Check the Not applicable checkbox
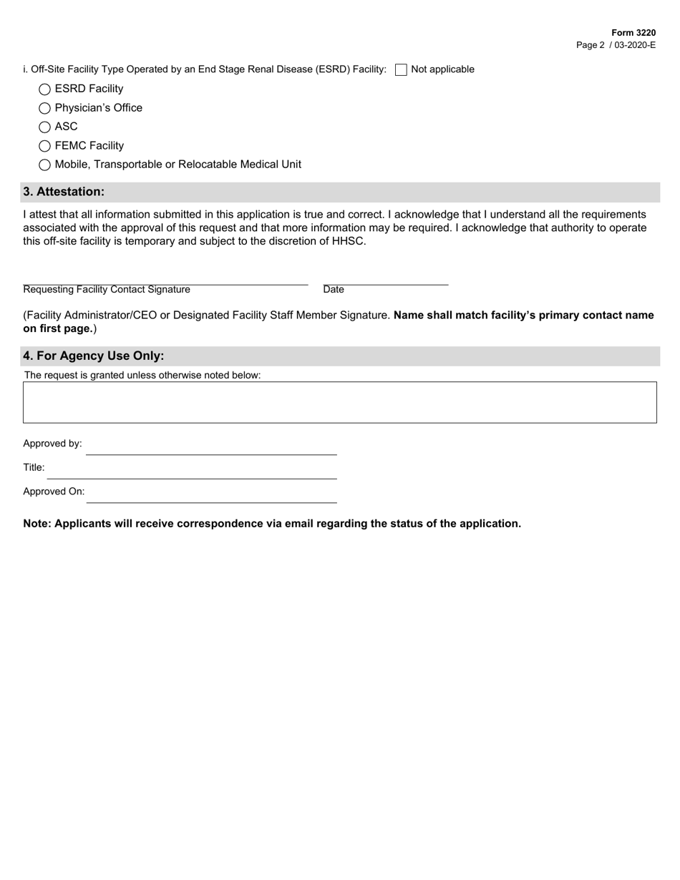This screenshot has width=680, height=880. (x=401, y=69)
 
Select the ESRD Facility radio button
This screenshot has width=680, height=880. (x=44, y=89)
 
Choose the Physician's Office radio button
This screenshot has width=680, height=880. (x=44, y=108)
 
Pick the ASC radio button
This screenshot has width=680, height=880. (x=44, y=127)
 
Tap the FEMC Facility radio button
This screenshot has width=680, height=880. (x=44, y=146)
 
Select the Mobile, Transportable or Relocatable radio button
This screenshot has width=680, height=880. (x=44, y=165)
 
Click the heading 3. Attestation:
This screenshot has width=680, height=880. (x=64, y=192)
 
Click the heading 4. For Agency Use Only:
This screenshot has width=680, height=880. (x=94, y=356)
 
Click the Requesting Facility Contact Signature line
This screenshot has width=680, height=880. (x=165, y=278)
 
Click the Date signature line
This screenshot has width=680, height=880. (x=385, y=278)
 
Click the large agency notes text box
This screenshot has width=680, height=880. (x=340, y=402)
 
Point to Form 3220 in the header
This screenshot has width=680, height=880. (x=633, y=33)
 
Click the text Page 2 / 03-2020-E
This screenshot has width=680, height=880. (x=616, y=45)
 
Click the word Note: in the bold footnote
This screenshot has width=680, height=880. (x=37, y=524)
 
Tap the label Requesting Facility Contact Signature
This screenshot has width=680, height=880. (x=107, y=290)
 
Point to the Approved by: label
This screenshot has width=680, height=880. (x=52, y=444)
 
